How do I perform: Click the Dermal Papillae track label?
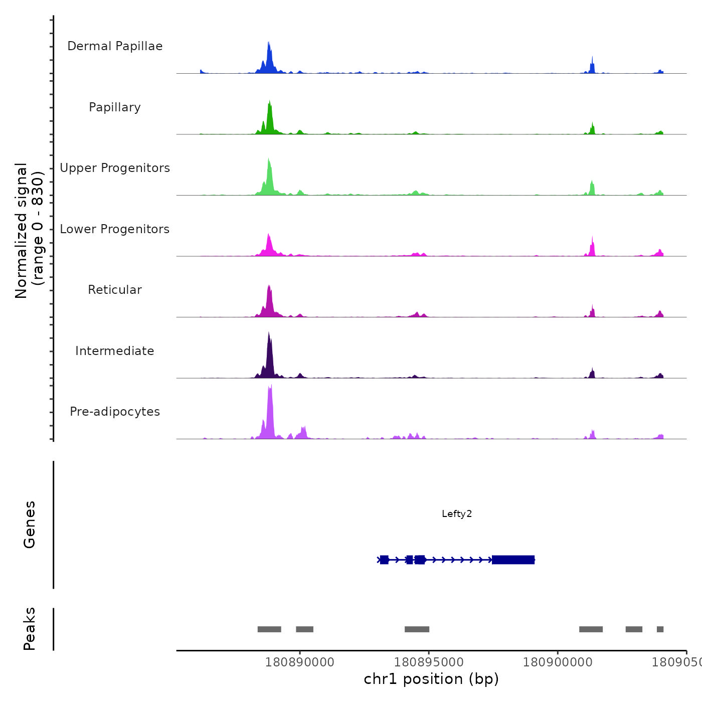[x=115, y=46]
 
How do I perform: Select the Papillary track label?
[x=115, y=107]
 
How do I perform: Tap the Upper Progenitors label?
[x=115, y=168]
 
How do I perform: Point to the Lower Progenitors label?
[x=115, y=229]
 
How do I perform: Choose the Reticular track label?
[x=115, y=290]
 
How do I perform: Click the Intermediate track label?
[x=115, y=351]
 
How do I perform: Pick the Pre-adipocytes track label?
[x=115, y=412]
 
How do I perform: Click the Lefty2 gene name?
[x=457, y=513]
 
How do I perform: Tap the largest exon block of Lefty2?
[x=513, y=560]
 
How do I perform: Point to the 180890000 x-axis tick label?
[x=300, y=662]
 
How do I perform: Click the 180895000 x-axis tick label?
[x=429, y=662]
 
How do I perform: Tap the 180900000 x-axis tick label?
[x=558, y=662]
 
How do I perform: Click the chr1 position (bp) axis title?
[x=431, y=679]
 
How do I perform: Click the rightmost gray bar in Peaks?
[x=660, y=629]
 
